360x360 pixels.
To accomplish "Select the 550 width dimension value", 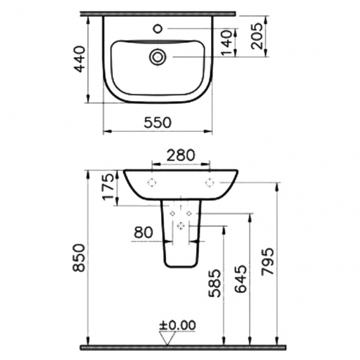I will (158, 121).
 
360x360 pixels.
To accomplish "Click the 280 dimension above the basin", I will (181, 156).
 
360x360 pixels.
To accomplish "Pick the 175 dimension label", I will (109, 188).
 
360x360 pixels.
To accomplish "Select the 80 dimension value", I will (143, 233).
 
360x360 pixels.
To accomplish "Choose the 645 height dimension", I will (241, 284).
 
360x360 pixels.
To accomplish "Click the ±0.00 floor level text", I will (177, 325).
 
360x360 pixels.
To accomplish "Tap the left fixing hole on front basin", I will (152, 182).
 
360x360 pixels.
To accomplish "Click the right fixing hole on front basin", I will (210, 182).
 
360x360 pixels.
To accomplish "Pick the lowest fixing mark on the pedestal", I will (181, 225).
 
